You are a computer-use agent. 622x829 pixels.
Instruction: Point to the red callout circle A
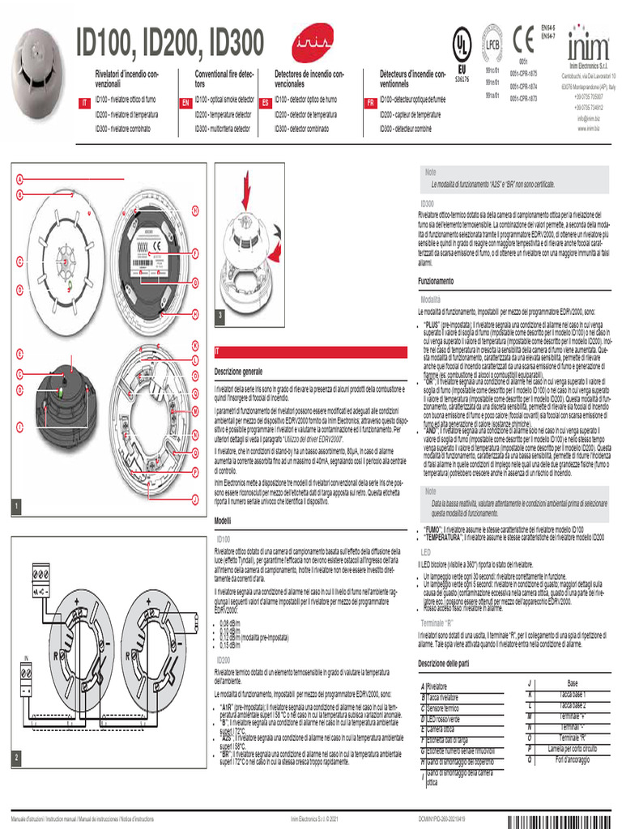click(18, 179)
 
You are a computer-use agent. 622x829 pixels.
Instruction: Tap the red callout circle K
click(195, 348)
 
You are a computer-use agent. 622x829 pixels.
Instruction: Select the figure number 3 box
click(219, 314)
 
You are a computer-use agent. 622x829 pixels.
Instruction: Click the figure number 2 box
click(15, 757)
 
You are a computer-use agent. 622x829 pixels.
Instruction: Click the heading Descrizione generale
click(238, 371)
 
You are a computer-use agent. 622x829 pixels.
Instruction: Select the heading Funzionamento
click(436, 280)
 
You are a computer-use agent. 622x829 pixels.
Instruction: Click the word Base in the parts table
click(573, 683)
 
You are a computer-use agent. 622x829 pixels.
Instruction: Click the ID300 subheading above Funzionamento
click(428, 202)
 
